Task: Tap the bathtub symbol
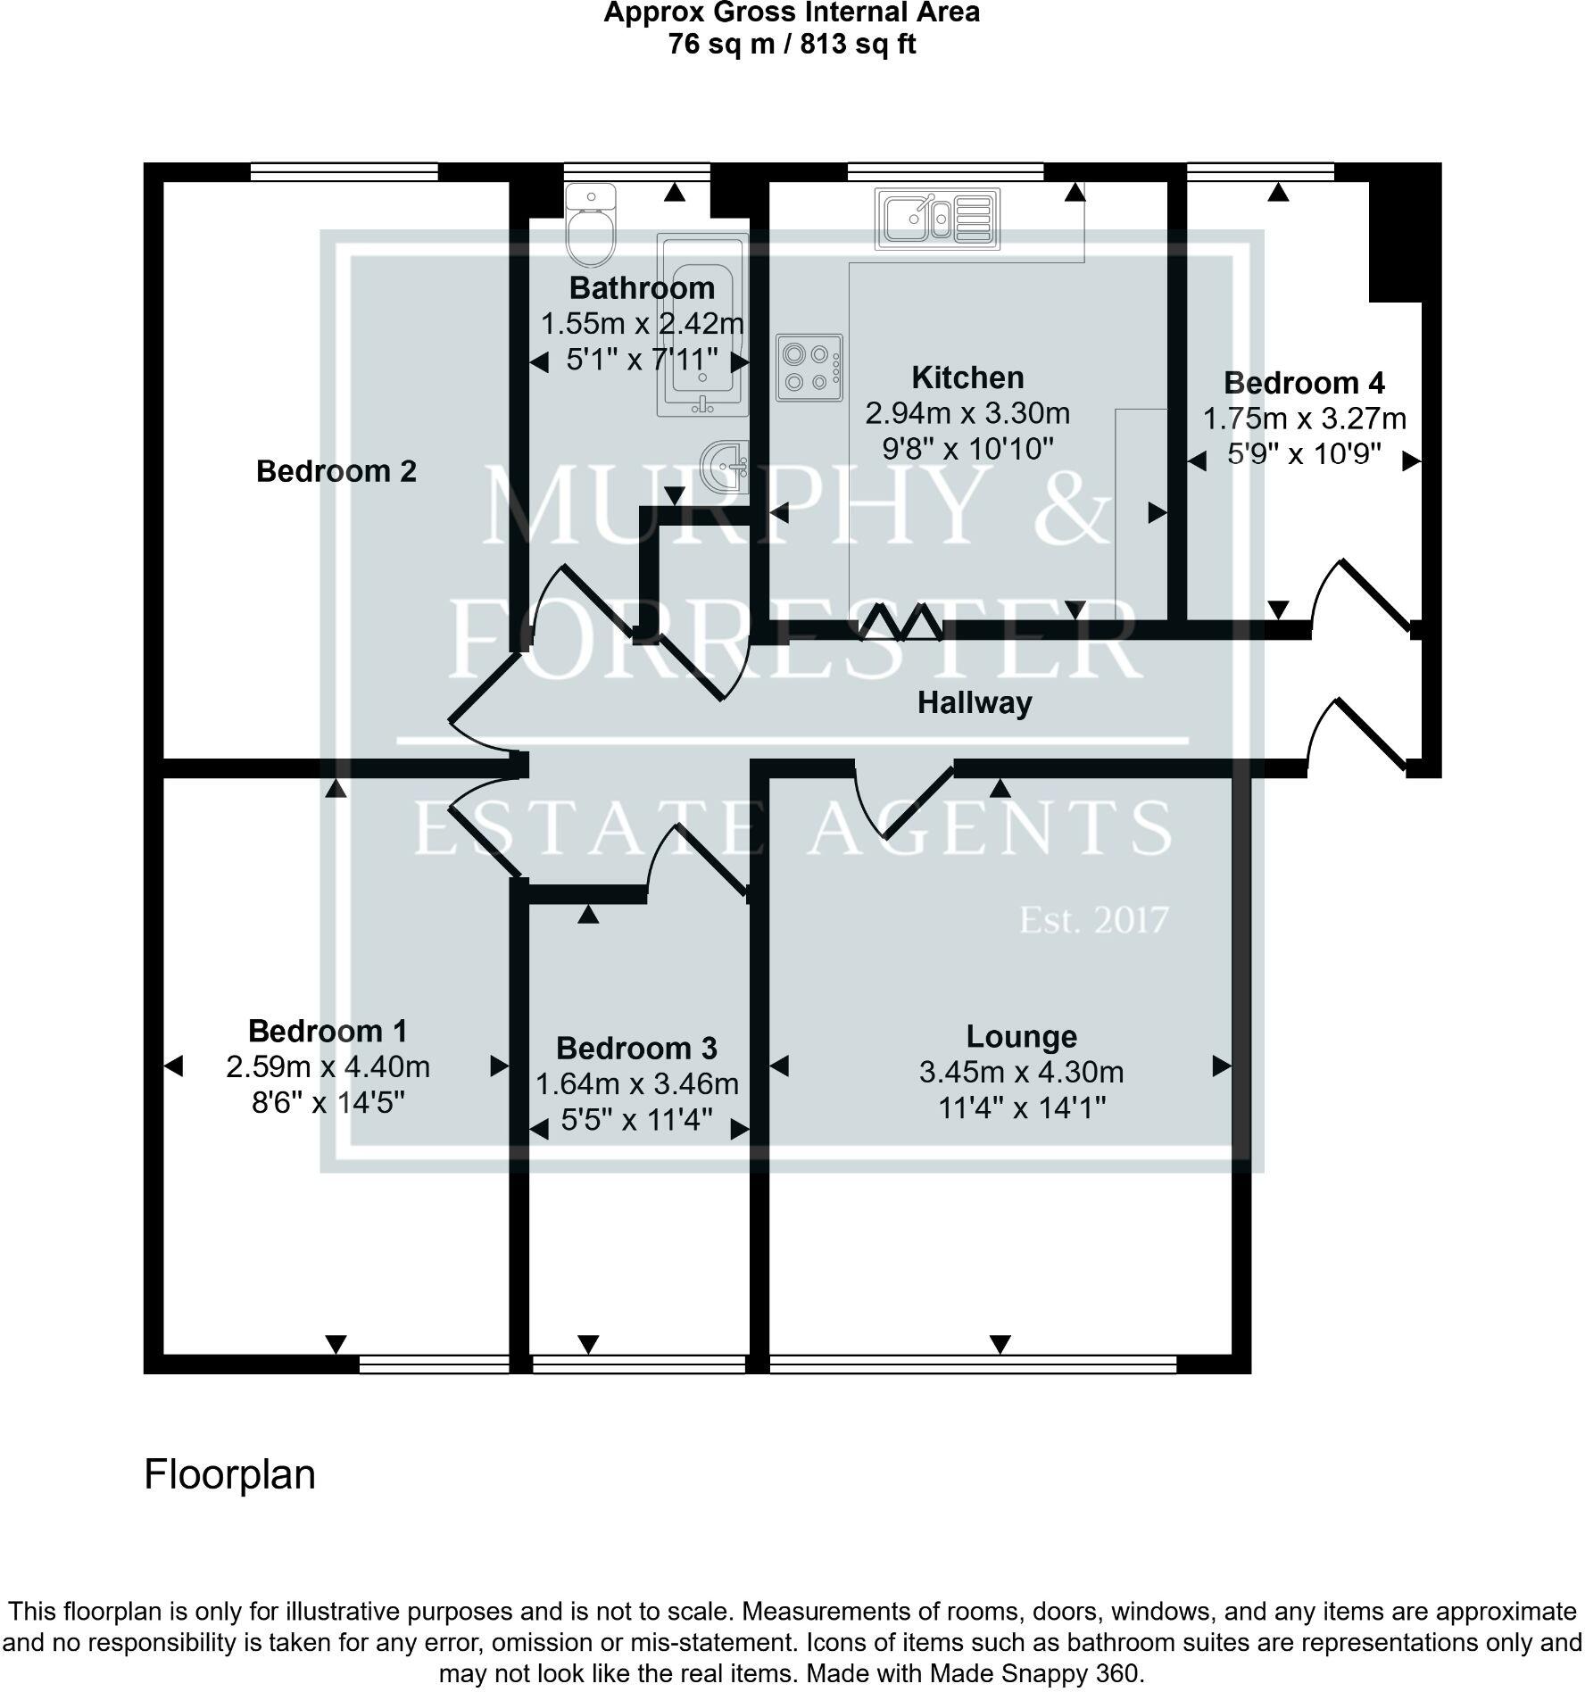703,327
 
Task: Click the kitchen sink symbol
936,218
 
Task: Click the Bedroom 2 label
336,471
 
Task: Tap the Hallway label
975,703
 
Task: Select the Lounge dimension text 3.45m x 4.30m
1021,1072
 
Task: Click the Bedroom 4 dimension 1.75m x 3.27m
1304,419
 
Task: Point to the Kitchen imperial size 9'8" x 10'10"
967,449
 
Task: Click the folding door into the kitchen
900,622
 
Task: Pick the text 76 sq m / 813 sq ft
792,45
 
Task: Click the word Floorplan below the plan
229,1474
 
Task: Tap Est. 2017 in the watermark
1093,920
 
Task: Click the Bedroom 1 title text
328,1031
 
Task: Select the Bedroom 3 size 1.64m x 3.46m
636,1084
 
